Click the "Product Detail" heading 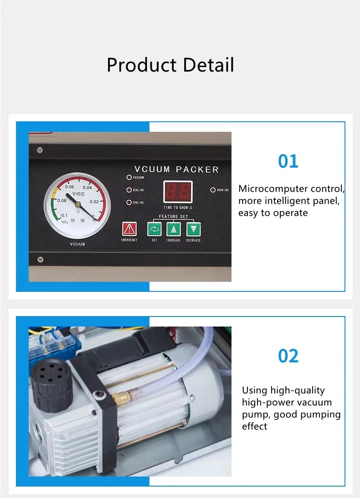pos(170,65)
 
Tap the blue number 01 pos(288,161)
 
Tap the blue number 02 pos(288,356)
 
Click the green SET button pos(154,229)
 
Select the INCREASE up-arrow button pos(174,229)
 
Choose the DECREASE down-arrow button pos(194,229)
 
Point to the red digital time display pos(177,192)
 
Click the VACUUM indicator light pos(129,177)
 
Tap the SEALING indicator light pos(129,190)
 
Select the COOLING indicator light pos(129,202)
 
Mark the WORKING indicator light pos(213,190)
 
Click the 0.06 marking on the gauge pos(70,187)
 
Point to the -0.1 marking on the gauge pos(64,215)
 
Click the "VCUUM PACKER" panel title pos(176,169)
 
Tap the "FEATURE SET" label pos(173,217)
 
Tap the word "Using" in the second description pos(254,390)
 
